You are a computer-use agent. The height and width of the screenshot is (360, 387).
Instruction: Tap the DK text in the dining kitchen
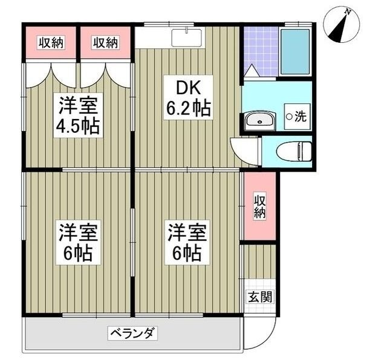[x=188, y=87]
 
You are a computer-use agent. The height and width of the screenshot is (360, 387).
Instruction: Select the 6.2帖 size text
[x=188, y=109]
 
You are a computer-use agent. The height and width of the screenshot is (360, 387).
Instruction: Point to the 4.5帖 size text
[x=78, y=127]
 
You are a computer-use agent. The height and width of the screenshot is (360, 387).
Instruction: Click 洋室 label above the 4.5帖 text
[x=79, y=104]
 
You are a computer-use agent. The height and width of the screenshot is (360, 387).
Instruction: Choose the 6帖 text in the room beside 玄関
[x=188, y=254]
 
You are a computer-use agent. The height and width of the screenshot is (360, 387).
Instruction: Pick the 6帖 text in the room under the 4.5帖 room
[x=79, y=254]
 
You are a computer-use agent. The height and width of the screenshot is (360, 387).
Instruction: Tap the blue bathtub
[x=295, y=51]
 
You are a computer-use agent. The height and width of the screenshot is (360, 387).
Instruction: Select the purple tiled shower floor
[x=259, y=48]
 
